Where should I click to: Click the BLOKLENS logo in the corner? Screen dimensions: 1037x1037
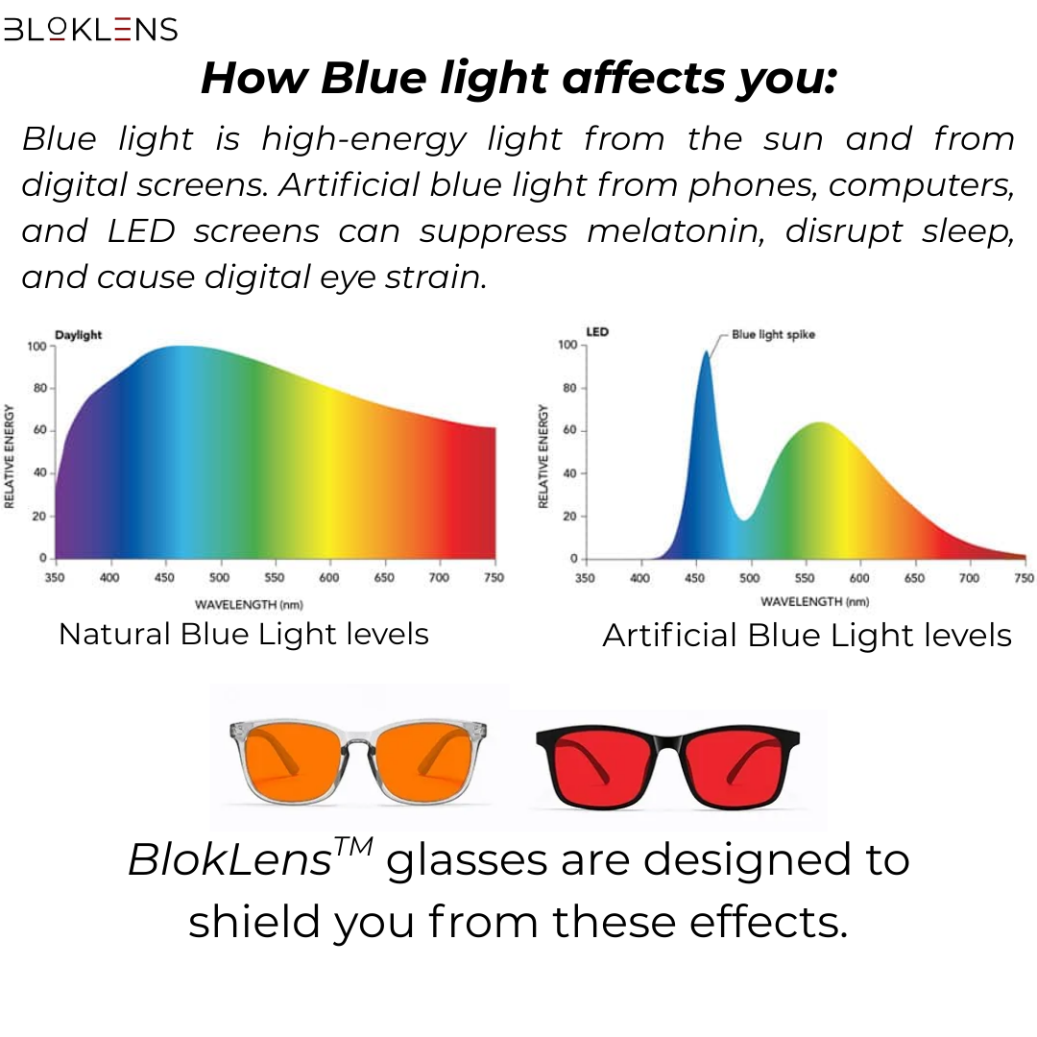coord(90,29)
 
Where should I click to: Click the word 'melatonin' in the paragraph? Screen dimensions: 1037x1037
coord(675,230)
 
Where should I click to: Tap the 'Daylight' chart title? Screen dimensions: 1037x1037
coord(78,335)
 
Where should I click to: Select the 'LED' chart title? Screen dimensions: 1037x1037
coord(597,331)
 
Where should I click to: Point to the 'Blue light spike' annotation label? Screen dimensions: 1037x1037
coord(773,335)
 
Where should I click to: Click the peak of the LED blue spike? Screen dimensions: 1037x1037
coord(707,351)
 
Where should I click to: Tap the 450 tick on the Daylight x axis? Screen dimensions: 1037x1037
coord(164,577)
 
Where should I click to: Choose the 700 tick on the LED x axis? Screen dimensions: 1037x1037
coord(969,578)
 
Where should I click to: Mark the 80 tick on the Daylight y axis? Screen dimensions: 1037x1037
coord(40,388)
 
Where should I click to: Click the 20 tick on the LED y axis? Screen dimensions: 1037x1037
coord(570,516)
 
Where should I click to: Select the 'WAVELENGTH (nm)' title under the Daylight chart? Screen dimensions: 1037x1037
coord(249,605)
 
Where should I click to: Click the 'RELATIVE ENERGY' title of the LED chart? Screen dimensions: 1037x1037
coord(543,456)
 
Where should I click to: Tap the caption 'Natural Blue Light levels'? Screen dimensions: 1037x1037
coord(244,634)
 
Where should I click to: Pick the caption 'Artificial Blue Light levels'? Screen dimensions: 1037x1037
coord(807,636)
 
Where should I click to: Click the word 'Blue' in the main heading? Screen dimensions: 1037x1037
coord(374,78)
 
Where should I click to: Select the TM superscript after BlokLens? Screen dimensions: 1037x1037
coord(353,846)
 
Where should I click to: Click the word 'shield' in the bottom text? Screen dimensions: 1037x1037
coord(252,921)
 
